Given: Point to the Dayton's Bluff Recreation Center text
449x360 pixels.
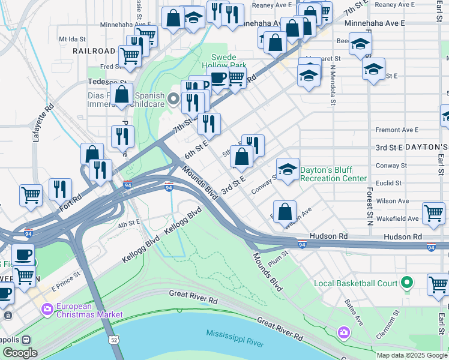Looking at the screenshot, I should pos(333,174).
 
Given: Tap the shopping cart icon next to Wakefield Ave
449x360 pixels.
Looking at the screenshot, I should pos(433,212).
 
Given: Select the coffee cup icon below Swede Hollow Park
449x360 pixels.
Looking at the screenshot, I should pos(217,77).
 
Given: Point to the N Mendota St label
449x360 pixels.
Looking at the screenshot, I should pos(332,83).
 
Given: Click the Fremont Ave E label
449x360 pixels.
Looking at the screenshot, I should pos(396,130).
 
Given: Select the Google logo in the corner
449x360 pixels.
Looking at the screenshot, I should pos(20,352).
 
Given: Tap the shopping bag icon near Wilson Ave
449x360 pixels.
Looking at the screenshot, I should pos(285,211).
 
